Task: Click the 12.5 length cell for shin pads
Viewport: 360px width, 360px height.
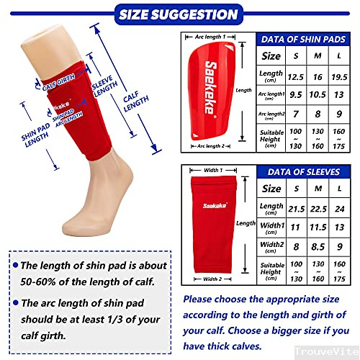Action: tap(294, 76)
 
